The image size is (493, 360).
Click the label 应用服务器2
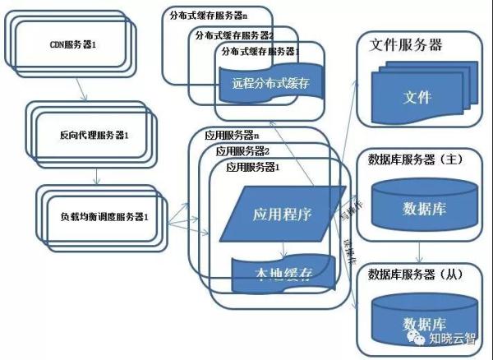point(242,151)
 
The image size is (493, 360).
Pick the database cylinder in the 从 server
point(419,316)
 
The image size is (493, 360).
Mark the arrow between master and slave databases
point(419,250)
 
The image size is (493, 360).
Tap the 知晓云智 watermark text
point(456,336)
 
